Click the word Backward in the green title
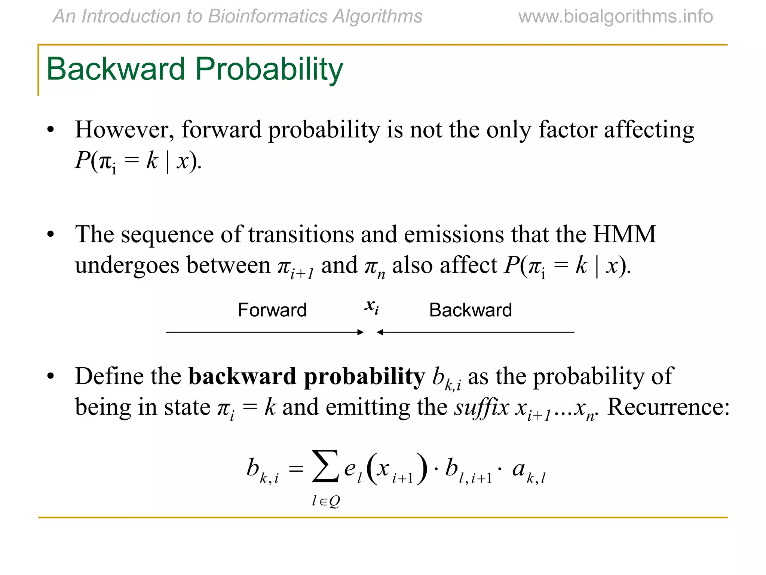[116, 69]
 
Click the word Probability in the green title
[269, 69]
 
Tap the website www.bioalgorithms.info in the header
[615, 16]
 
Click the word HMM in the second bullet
[624, 235]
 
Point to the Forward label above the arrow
[272, 310]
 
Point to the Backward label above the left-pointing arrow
[470, 310]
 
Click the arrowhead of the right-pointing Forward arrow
[361, 332]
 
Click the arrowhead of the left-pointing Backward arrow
[380, 332]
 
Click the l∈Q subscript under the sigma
[326, 501]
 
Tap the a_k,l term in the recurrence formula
[528, 471]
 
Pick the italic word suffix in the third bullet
[481, 407]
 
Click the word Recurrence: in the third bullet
[668, 407]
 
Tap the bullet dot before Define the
[51, 377]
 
